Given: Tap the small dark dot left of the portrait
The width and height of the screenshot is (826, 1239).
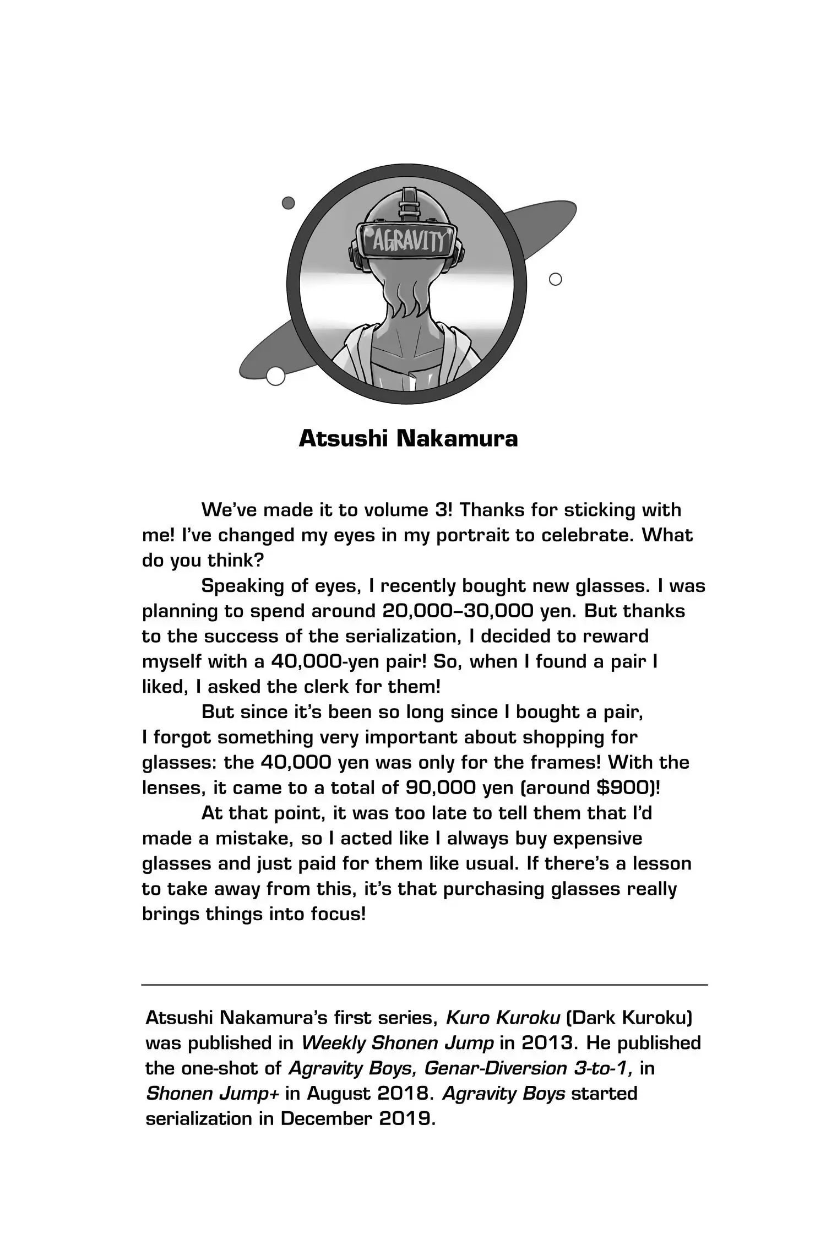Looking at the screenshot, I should [288, 203].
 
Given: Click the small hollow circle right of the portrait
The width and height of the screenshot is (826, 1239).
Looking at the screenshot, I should [556, 279].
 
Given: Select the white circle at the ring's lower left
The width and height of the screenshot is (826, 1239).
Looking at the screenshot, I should [275, 376].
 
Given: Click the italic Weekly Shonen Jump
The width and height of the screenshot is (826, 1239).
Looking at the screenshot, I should [398, 1043].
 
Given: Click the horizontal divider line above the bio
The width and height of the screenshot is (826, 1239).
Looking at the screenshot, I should [425, 984].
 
